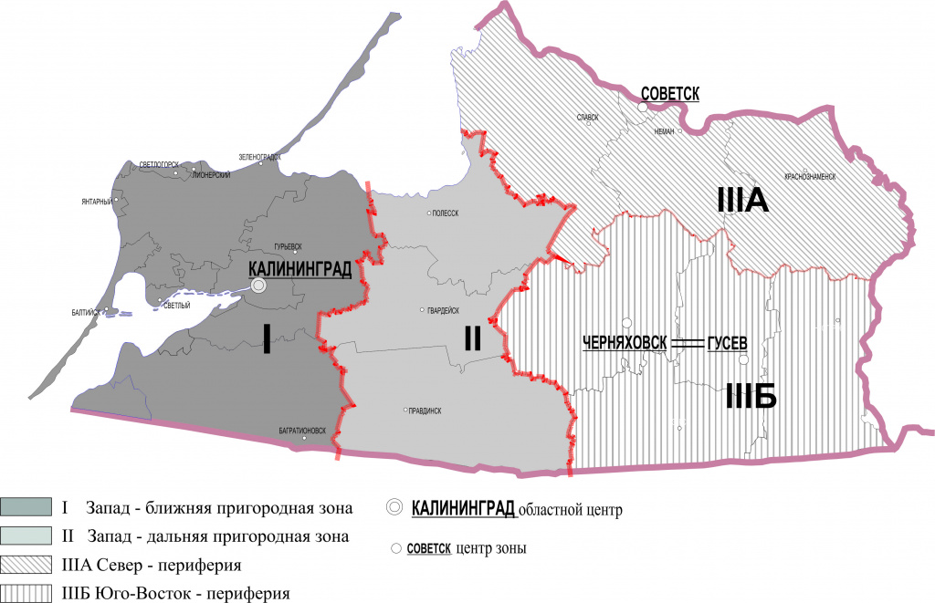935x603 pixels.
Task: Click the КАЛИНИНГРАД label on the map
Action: click(x=299, y=270)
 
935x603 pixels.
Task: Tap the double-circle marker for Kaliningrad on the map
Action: click(x=258, y=286)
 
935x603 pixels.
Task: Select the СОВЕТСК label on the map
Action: click(x=669, y=93)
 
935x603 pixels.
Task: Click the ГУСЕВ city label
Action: click(x=727, y=342)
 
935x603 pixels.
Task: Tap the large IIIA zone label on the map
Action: click(x=742, y=200)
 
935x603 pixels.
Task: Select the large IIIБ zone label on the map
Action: click(x=750, y=397)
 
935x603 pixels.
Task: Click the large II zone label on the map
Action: click(x=472, y=338)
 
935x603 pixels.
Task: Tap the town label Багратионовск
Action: click(x=301, y=430)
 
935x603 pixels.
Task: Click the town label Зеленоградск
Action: click(x=258, y=156)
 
